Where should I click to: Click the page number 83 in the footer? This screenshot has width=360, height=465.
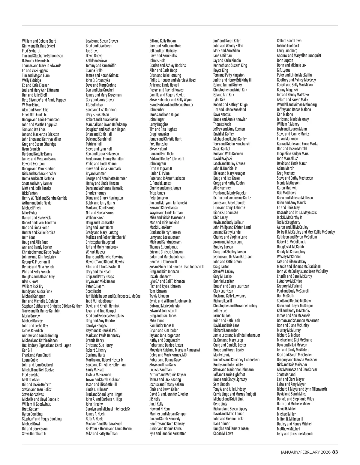[335, 452]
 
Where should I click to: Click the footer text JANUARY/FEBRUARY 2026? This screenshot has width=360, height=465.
[306, 452]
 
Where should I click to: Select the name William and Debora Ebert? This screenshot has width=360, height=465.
[39, 41]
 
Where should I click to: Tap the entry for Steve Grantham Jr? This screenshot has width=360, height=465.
[34, 434]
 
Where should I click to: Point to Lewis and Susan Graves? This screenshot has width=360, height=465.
[102, 41]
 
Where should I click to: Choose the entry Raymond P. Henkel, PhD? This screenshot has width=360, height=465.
[101, 330]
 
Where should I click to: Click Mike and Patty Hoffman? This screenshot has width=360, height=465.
[102, 434]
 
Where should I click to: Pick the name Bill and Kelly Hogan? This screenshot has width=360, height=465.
[163, 41]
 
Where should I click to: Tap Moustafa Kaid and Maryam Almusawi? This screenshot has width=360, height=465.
[175, 350]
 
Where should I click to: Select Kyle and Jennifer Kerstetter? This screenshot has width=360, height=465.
[168, 433]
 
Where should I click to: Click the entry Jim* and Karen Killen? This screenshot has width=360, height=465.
[227, 41]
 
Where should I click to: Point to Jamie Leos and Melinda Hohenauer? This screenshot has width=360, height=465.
[237, 335]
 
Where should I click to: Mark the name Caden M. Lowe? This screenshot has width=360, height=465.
[223, 433]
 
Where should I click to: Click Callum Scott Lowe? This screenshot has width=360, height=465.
[289, 41]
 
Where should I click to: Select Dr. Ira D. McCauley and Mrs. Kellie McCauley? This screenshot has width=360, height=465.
[306, 232]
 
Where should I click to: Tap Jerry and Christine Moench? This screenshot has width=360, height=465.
[295, 434]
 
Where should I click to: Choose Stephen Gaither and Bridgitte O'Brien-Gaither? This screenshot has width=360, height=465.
[52, 306]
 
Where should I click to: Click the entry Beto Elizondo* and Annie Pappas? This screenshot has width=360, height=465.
[44, 100]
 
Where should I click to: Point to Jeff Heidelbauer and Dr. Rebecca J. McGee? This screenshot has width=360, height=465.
[113, 296]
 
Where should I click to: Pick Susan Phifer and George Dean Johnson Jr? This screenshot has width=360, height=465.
[177, 267]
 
